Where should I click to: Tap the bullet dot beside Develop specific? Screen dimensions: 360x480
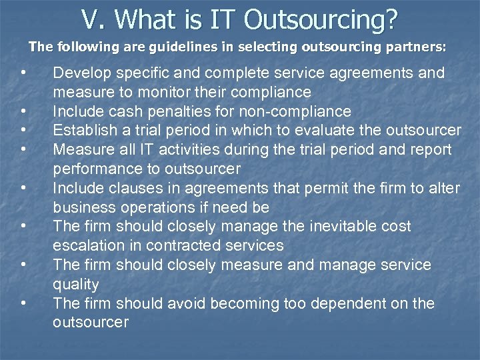tap(23, 71)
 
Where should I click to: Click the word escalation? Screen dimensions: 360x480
tap(86, 245)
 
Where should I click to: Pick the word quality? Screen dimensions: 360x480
tap(75, 284)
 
